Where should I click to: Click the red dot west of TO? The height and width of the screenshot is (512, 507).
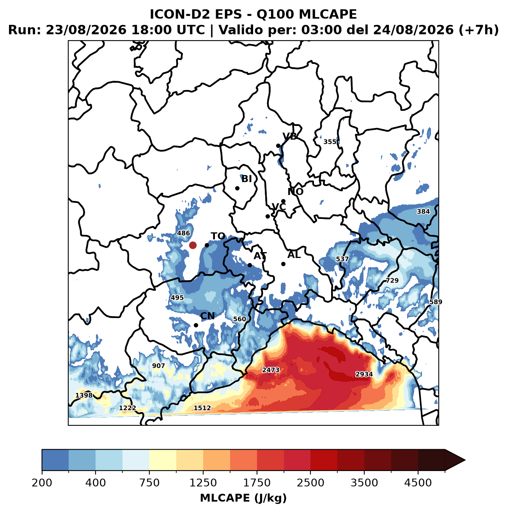(x=193, y=245)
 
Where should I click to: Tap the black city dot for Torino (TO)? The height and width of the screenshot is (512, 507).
(x=207, y=245)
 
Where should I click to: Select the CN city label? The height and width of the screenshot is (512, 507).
(x=207, y=316)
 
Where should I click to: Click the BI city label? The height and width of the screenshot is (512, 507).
(x=246, y=179)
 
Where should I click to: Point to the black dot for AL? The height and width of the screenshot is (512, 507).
(x=284, y=264)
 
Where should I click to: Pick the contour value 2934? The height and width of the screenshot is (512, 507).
(x=364, y=374)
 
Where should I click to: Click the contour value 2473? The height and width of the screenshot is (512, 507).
(x=271, y=370)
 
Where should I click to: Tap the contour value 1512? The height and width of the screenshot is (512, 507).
(x=202, y=408)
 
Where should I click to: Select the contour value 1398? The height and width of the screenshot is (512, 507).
(x=84, y=395)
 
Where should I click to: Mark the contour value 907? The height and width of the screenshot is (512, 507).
(x=158, y=366)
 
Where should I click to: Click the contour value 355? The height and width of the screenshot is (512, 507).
(x=330, y=142)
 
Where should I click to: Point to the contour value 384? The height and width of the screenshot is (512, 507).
(x=423, y=212)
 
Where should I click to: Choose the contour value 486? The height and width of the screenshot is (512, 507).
(x=184, y=233)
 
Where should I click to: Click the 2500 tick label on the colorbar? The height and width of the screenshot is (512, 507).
(x=310, y=482)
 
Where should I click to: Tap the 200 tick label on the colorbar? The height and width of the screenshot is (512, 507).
(x=42, y=482)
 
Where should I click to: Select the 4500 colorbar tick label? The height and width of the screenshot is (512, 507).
(x=418, y=482)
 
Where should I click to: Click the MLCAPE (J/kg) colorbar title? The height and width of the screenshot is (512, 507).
(x=243, y=498)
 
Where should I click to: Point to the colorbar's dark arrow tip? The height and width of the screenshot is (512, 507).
(x=465, y=460)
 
